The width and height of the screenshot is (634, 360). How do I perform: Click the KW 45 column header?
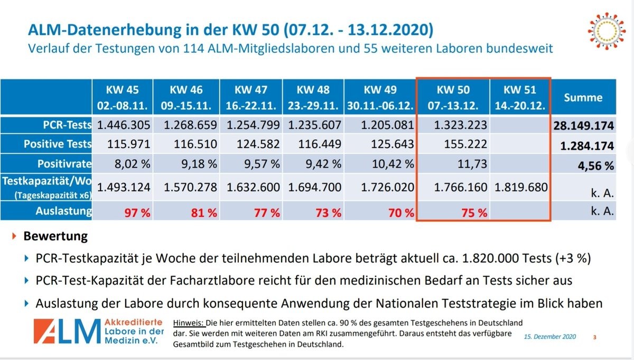pyautogui.click(x=124, y=97)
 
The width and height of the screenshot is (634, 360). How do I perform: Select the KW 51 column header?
pyautogui.click(x=520, y=97)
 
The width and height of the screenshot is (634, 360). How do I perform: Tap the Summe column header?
pyautogui.click(x=583, y=97)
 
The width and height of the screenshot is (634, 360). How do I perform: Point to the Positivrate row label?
pyautogui.click(x=64, y=164)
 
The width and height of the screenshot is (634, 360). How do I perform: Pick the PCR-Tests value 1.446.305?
pyautogui.click(x=124, y=125)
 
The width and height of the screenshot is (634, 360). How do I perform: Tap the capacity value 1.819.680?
pyautogui.click(x=520, y=187)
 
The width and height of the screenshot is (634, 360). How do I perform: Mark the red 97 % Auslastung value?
pyautogui.click(x=138, y=213)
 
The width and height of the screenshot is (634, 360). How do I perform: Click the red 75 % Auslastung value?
pyautogui.click(x=474, y=213)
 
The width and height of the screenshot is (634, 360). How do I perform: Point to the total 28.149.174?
pyautogui.click(x=583, y=126)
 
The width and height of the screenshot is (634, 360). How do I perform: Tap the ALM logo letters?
pyautogui.click(x=67, y=332)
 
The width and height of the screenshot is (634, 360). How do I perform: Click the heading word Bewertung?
pyautogui.click(x=55, y=236)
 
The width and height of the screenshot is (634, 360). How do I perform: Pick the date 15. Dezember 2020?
pyautogui.click(x=550, y=337)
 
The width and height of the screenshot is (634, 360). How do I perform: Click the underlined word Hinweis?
pyautogui.click(x=188, y=322)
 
